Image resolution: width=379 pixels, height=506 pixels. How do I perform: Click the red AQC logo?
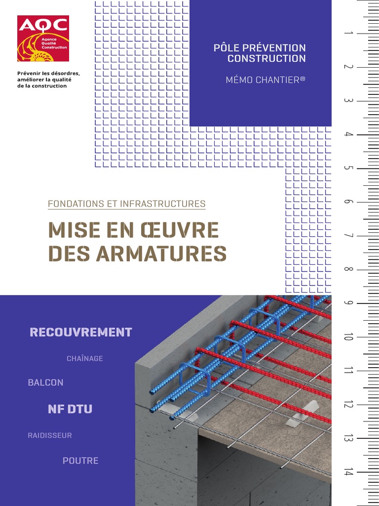43,39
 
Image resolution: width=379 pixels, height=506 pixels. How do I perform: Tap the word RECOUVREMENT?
81,333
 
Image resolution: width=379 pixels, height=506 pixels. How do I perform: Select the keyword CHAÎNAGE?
85,359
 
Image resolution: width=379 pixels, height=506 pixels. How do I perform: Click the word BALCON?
46,382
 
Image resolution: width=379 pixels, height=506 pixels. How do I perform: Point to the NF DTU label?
70,409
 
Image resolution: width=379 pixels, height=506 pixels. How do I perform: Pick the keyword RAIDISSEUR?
50,435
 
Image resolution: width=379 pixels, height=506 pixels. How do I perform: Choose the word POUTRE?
80,461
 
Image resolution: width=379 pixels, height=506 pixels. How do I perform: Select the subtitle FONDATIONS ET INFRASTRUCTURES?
127,204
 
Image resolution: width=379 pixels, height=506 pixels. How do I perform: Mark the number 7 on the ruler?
348,236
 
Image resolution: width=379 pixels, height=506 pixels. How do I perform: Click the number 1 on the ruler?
348,33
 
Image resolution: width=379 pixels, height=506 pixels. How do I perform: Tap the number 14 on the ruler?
348,471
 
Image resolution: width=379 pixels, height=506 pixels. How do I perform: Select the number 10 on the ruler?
348,337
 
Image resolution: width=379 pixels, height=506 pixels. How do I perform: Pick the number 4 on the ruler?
348,134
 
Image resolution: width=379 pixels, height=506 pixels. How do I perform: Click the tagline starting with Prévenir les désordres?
48,80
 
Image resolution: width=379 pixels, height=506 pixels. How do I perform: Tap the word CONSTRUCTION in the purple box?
266,59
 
